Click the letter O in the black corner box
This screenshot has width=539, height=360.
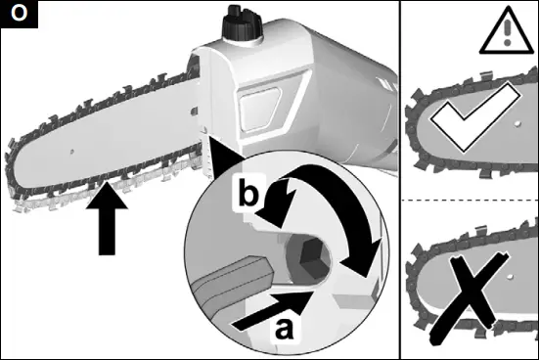tap(19, 13)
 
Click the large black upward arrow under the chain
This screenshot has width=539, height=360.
tap(107, 219)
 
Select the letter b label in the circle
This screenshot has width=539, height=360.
tap(247, 194)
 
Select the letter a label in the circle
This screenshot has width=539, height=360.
tap(285, 329)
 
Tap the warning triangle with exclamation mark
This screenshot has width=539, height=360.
tap(507, 31)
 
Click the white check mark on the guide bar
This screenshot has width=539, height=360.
tap(474, 117)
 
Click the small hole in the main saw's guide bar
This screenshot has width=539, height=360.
tap(71, 152)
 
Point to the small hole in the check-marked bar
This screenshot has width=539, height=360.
tap(518, 124)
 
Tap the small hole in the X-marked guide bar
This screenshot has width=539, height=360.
tap(511, 277)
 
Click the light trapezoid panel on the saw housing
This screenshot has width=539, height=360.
tap(260, 110)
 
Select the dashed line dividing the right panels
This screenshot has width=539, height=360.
tap(470, 201)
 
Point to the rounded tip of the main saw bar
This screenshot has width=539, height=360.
tap(8, 161)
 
